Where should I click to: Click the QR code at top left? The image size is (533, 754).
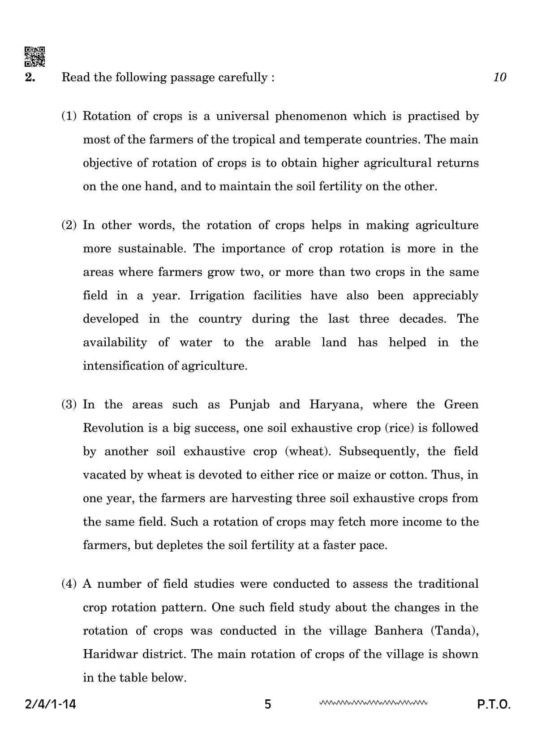click(34, 56)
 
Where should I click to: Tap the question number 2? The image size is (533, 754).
click(30, 78)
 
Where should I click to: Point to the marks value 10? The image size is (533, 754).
click(499, 78)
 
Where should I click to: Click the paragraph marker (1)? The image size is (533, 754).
click(69, 116)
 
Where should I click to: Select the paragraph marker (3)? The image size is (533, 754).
click(69, 405)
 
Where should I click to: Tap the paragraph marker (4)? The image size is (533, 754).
click(69, 584)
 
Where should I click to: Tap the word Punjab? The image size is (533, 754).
click(249, 405)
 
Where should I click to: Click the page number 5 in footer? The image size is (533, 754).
click(268, 705)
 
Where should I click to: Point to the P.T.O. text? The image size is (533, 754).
click(493, 705)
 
